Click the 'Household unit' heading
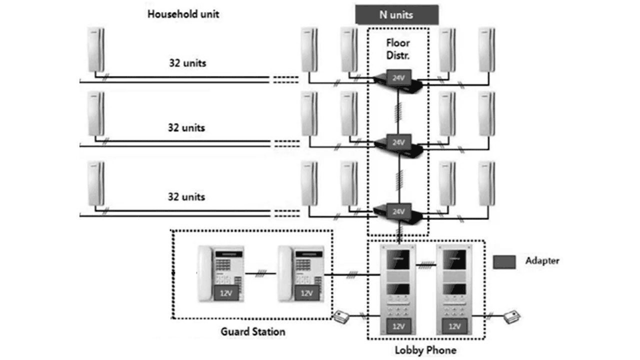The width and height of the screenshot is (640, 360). click(183, 13)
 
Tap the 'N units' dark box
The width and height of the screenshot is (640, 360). click(396, 14)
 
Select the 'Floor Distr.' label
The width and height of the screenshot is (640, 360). click(397, 49)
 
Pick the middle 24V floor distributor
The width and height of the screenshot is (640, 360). click(398, 144)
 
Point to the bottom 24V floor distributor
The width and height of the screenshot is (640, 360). click(398, 211)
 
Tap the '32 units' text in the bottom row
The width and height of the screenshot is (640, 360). click(186, 196)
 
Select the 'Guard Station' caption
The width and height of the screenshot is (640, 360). click(253, 331)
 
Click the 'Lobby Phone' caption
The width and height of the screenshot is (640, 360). click(426, 350)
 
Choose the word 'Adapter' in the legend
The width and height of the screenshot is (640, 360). click(542, 260)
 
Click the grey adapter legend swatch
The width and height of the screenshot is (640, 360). click(504, 261)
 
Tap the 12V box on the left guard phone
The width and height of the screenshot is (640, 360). click(226, 293)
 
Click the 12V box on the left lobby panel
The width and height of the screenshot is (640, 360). click(398, 326)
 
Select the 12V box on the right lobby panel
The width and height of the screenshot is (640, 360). click(454, 326)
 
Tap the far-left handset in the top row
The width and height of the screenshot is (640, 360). click(96, 49)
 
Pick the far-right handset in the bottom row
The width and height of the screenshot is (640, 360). click(486, 183)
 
